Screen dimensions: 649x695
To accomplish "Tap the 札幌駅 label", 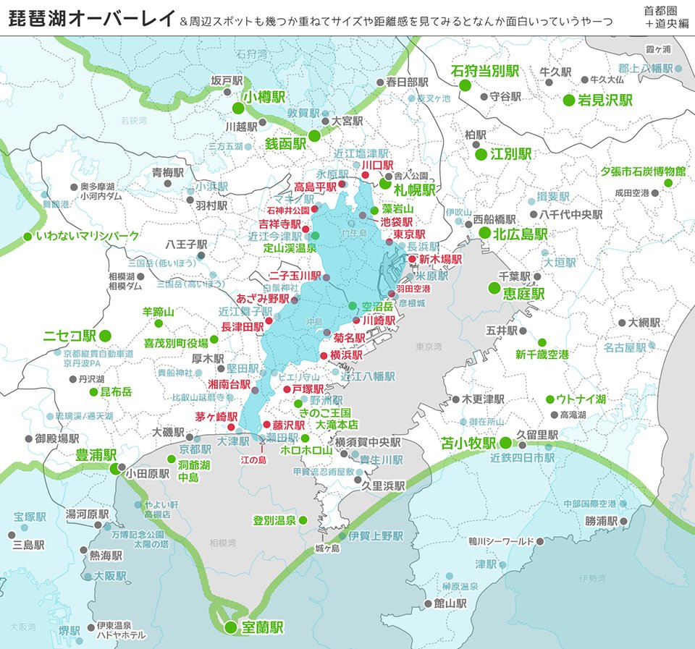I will [x=414, y=190].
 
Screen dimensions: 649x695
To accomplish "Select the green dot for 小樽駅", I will [x=237, y=109].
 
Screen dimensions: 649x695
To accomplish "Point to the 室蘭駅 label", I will [x=262, y=627].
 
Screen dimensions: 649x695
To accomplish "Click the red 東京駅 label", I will [x=408, y=234].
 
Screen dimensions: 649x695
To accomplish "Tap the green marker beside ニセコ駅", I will [x=105, y=335].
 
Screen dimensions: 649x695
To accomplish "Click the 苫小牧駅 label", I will [x=469, y=443].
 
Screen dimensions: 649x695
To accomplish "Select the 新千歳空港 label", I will [x=542, y=355].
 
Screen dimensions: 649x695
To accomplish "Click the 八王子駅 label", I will [x=186, y=245].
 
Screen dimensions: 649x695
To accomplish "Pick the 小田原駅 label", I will [x=148, y=474].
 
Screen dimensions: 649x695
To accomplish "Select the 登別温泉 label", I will [x=274, y=520].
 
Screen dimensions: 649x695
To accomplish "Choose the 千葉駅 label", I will [x=515, y=276].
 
